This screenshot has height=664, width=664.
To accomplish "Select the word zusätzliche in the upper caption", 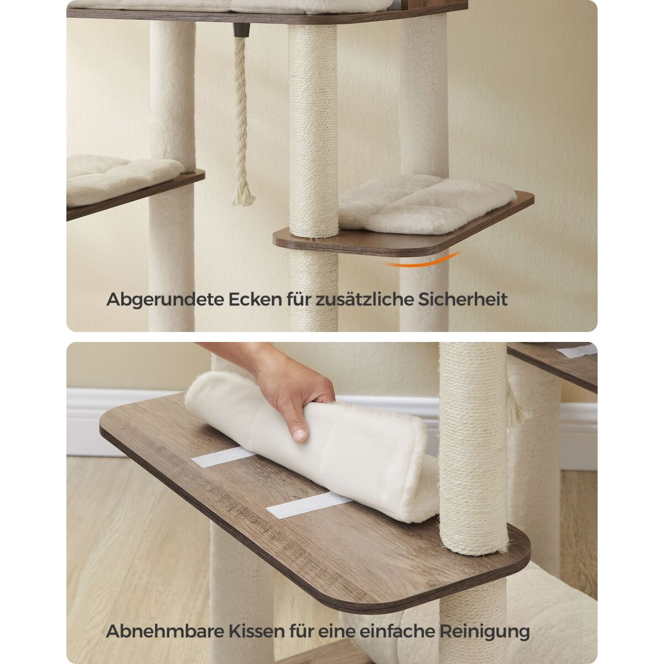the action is [364, 299].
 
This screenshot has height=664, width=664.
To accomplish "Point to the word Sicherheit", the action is [463, 299].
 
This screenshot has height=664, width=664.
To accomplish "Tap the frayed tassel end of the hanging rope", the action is [243, 196].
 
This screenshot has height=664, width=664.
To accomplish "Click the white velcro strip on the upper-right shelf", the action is [576, 350].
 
